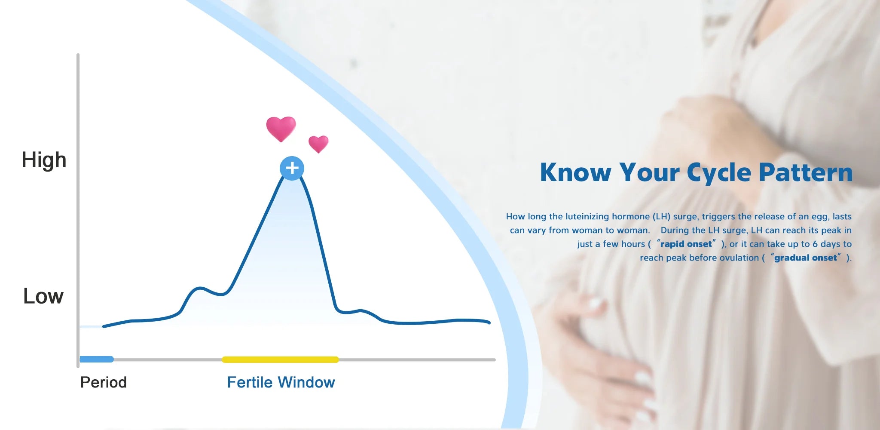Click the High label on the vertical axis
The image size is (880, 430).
pyautogui.click(x=44, y=160)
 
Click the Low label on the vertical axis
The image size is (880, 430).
pyautogui.click(x=43, y=296)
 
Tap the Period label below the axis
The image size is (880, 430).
pyautogui.click(x=103, y=382)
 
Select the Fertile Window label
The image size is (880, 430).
pyautogui.click(x=281, y=382)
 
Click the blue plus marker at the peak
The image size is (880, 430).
pyautogui.click(x=292, y=168)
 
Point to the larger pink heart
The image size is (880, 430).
pyautogui.click(x=281, y=129)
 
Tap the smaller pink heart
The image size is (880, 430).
pyautogui.click(x=318, y=144)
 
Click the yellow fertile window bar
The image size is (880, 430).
pyautogui.click(x=280, y=359)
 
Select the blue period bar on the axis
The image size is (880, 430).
pyautogui.click(x=97, y=359)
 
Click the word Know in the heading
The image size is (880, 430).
pyautogui.click(x=575, y=172)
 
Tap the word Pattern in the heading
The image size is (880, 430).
pyautogui.click(x=806, y=172)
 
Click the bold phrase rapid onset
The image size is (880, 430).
pyautogui.click(x=686, y=244)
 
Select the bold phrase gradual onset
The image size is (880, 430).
pyautogui.click(x=806, y=258)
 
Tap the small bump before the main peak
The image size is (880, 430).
pyautogui.click(x=199, y=288)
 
